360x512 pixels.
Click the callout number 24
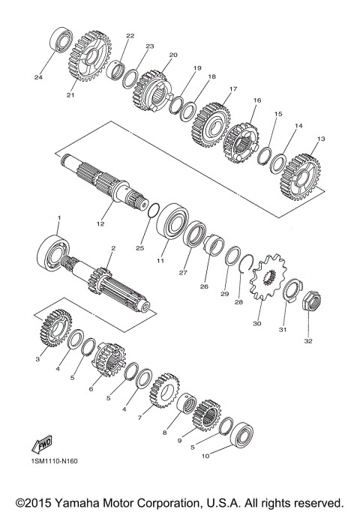(x=37, y=76)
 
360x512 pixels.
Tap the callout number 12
(x=101, y=223)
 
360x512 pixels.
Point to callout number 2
(x=112, y=248)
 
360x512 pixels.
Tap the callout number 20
(x=173, y=55)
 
